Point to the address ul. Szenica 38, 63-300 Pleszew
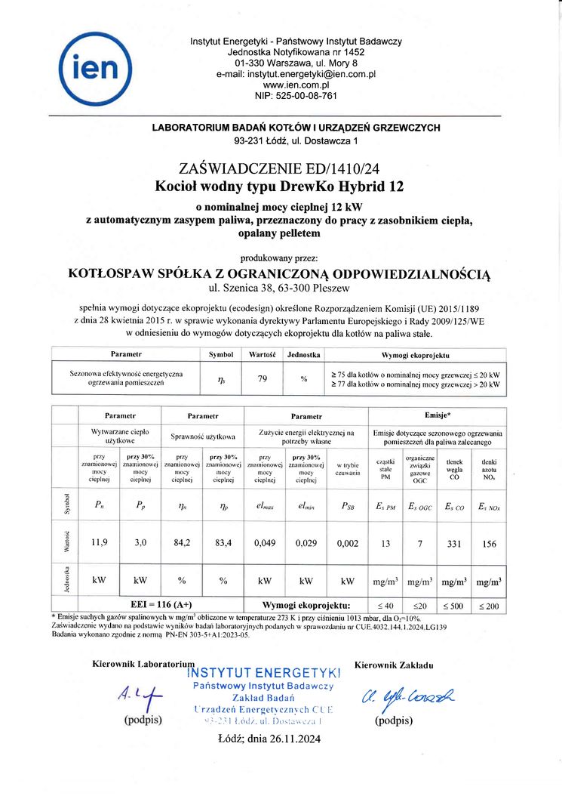click(x=281, y=288)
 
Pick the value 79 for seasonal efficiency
click(x=263, y=379)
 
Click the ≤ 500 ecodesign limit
click(x=453, y=606)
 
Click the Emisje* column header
click(x=437, y=415)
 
